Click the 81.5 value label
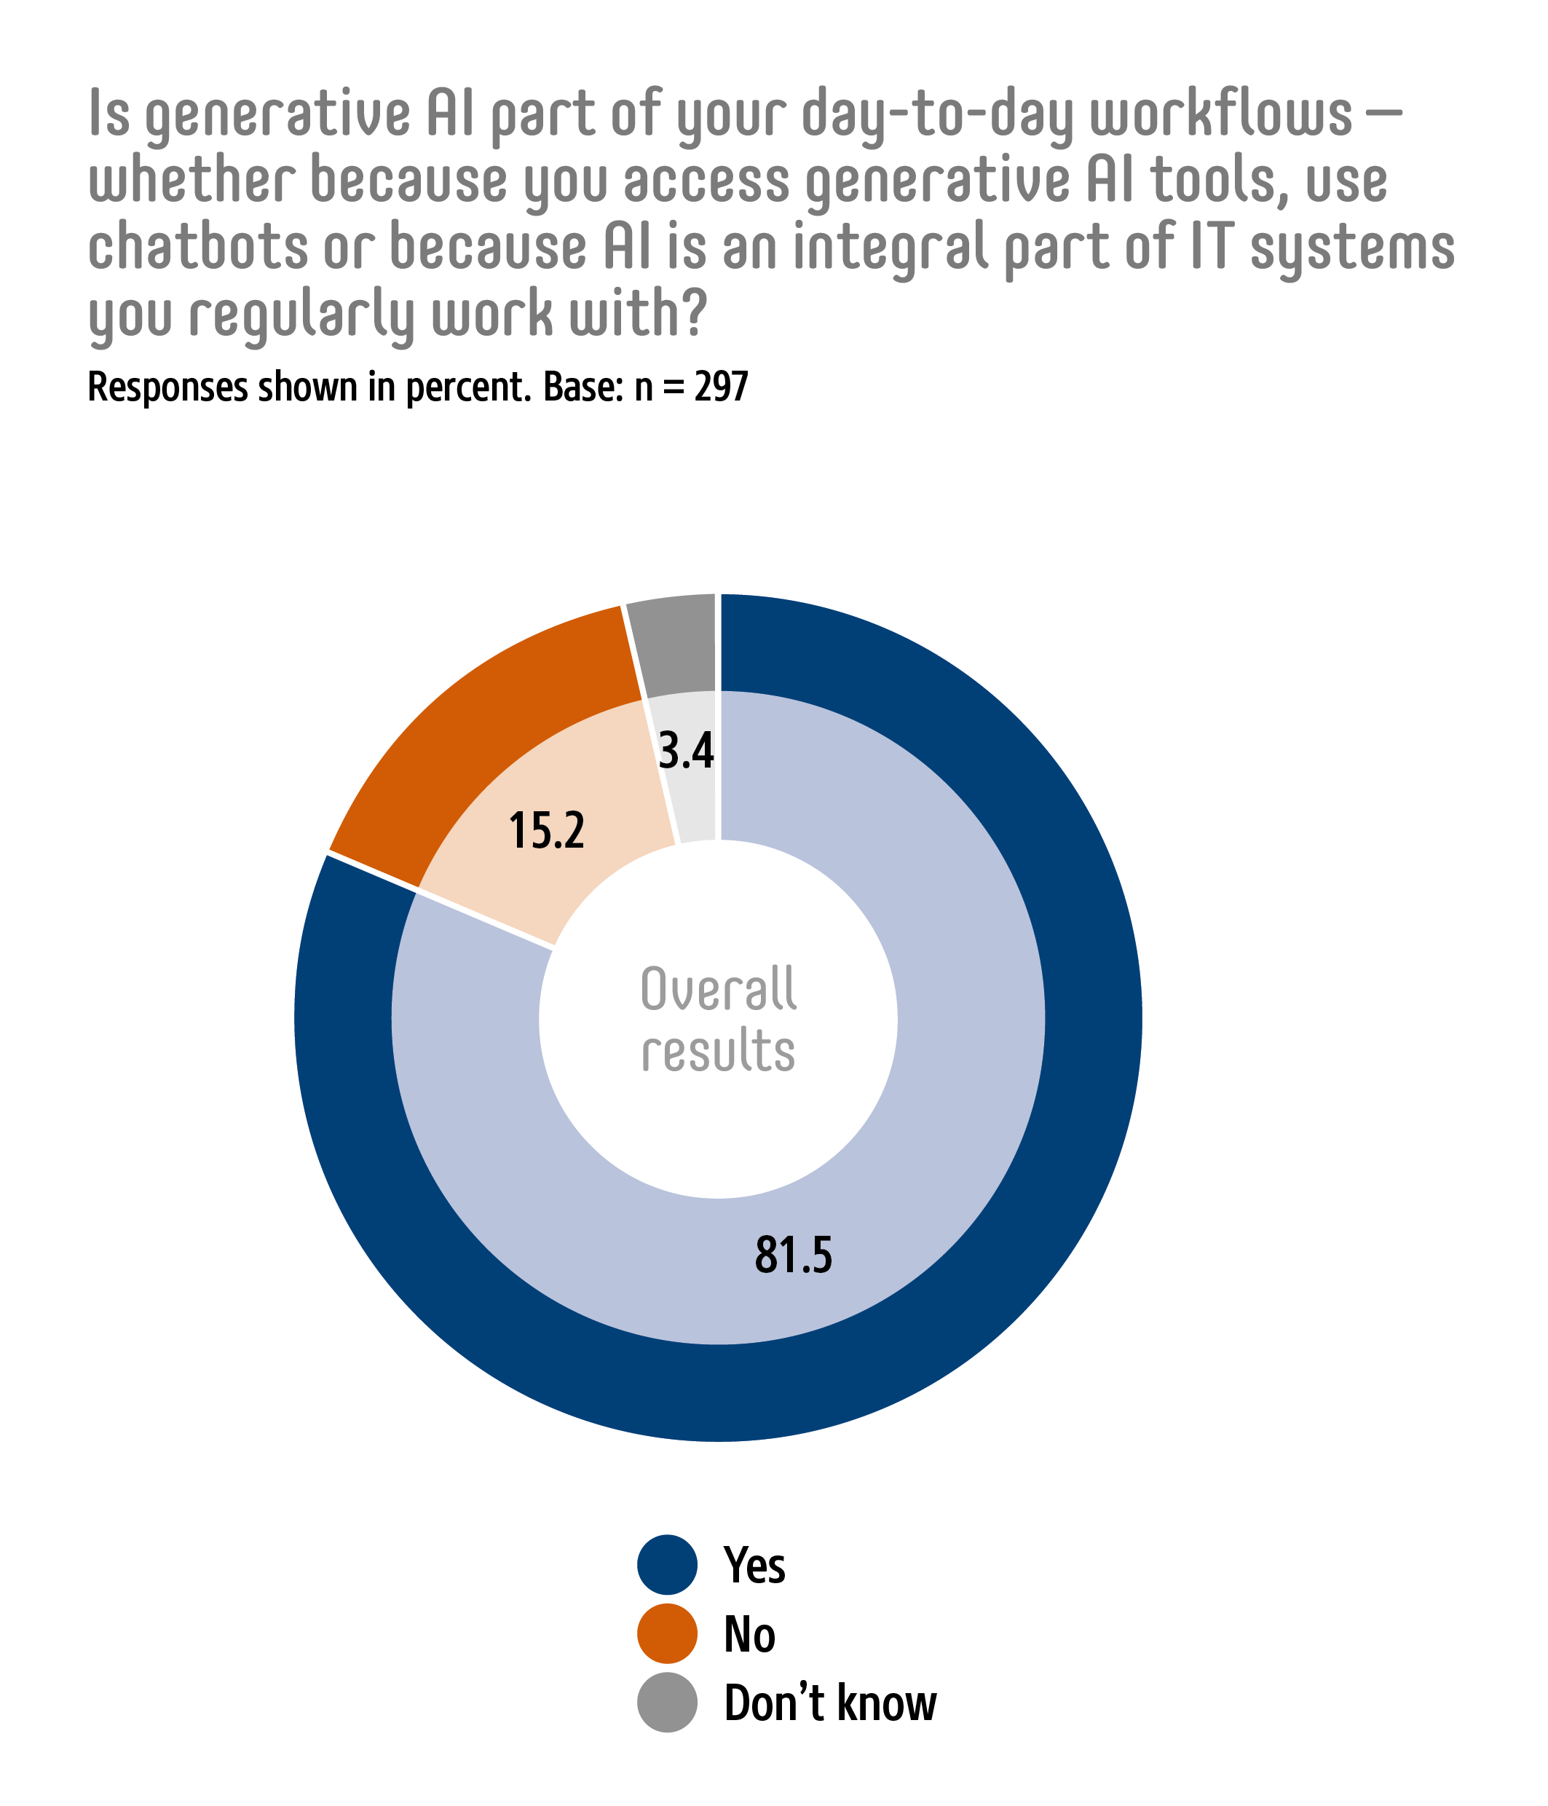click(793, 1255)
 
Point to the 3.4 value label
click(686, 751)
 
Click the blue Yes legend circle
click(667, 1564)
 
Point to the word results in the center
click(718, 1050)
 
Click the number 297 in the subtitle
click(721, 387)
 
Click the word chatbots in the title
click(199, 247)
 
